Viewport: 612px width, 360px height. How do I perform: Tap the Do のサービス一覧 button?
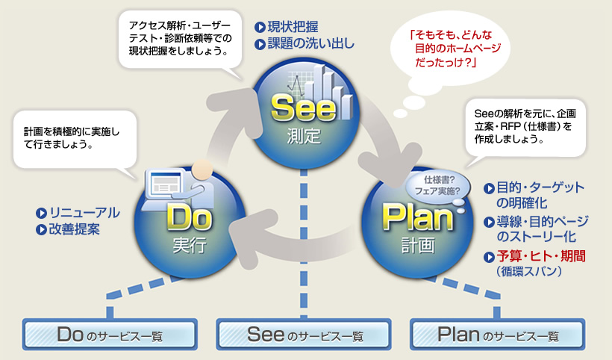110,335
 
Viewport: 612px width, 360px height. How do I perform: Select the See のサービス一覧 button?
305,335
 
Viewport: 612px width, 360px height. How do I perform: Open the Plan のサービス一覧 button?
499,335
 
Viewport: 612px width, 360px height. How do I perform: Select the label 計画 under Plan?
418,245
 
